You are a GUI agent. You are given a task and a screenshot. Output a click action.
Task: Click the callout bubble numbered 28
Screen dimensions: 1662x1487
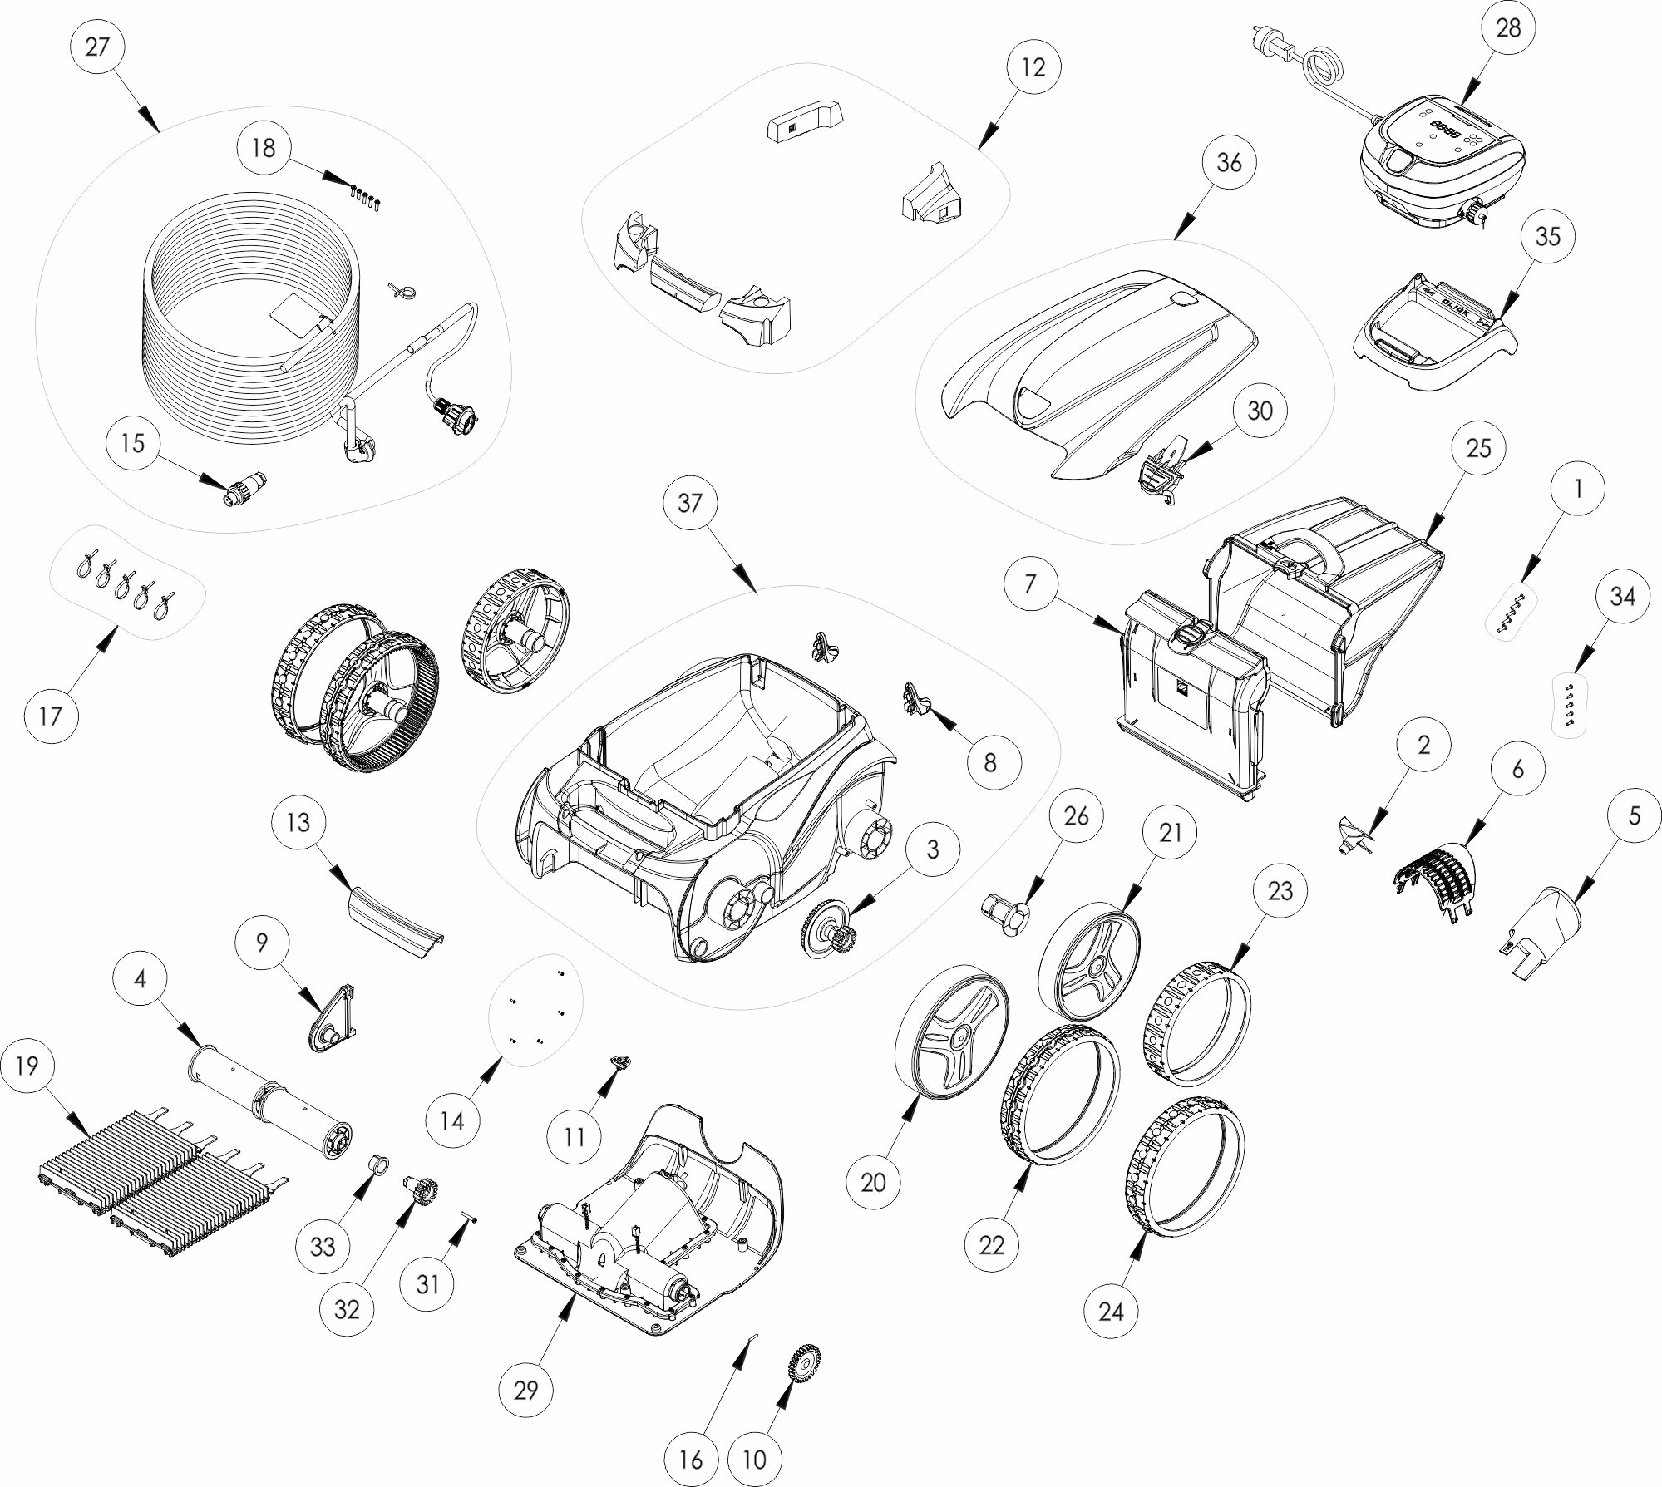click(x=1507, y=27)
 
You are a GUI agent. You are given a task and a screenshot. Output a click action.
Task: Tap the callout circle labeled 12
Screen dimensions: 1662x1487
click(x=1033, y=67)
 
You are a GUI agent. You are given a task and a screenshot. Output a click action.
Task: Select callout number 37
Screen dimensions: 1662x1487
click(x=690, y=502)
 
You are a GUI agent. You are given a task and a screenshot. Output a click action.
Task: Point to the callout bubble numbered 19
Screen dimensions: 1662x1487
click(x=27, y=1066)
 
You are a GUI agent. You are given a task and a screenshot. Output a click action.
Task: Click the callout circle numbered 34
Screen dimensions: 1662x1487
click(x=1623, y=596)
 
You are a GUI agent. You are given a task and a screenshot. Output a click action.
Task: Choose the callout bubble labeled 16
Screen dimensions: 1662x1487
click(x=691, y=1459)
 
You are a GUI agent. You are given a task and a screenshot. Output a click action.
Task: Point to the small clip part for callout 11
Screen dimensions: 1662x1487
click(x=620, y=1061)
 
